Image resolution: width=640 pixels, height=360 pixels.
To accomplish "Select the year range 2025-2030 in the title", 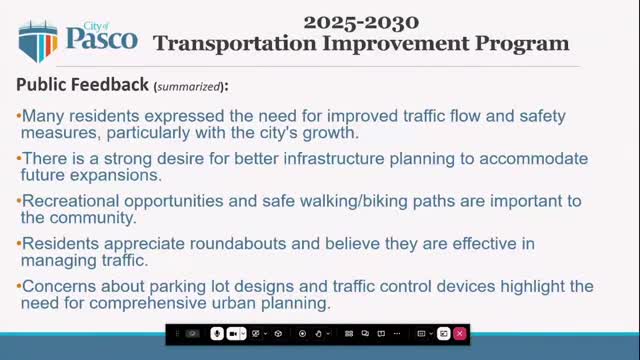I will tap(360, 20).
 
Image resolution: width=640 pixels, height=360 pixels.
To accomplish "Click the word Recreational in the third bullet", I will tap(68, 201).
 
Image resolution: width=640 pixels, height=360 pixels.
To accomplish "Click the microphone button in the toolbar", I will tap(216, 333).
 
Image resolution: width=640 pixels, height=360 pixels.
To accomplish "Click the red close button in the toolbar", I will tap(459, 333).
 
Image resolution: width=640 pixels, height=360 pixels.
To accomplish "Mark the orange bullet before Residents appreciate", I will tap(19, 244).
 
